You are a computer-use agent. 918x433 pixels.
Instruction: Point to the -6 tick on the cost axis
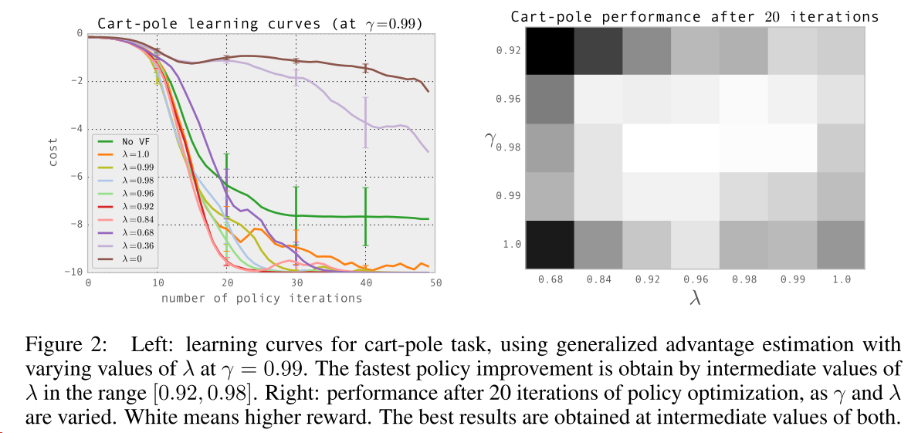[77, 176]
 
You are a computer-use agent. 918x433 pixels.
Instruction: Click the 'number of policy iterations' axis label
[262, 298]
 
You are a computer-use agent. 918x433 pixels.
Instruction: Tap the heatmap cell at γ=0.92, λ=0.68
[549, 51]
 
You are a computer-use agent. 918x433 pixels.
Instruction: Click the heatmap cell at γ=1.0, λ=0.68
[549, 245]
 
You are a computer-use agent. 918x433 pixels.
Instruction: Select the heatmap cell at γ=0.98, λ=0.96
[695, 148]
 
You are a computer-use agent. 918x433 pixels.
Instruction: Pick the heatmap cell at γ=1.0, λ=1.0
[841, 245]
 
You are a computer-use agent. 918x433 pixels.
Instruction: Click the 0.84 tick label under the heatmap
[598, 279]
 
